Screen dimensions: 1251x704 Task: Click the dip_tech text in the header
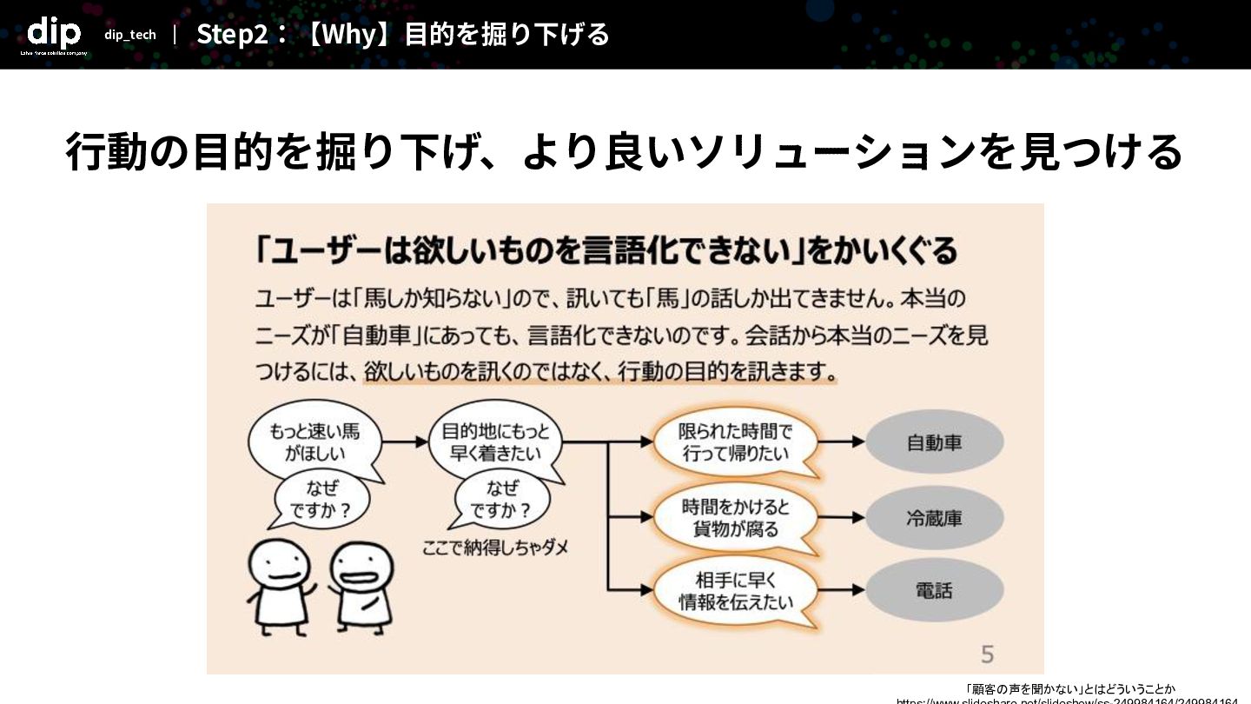(130, 35)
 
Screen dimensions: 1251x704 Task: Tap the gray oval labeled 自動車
(935, 442)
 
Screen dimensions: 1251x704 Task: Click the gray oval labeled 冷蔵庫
(935, 519)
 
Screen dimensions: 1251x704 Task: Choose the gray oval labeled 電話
(935, 591)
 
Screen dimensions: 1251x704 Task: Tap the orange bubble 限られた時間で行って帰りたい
(735, 442)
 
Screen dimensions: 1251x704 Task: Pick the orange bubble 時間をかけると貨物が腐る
(735, 518)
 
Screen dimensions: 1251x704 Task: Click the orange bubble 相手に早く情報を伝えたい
(735, 591)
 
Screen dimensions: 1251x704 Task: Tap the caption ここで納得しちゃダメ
(495, 548)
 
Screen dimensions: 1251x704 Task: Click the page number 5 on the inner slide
(987, 654)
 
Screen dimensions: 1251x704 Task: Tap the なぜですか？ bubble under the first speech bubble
(321, 501)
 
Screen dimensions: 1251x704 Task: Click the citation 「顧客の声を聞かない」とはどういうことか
(1070, 688)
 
